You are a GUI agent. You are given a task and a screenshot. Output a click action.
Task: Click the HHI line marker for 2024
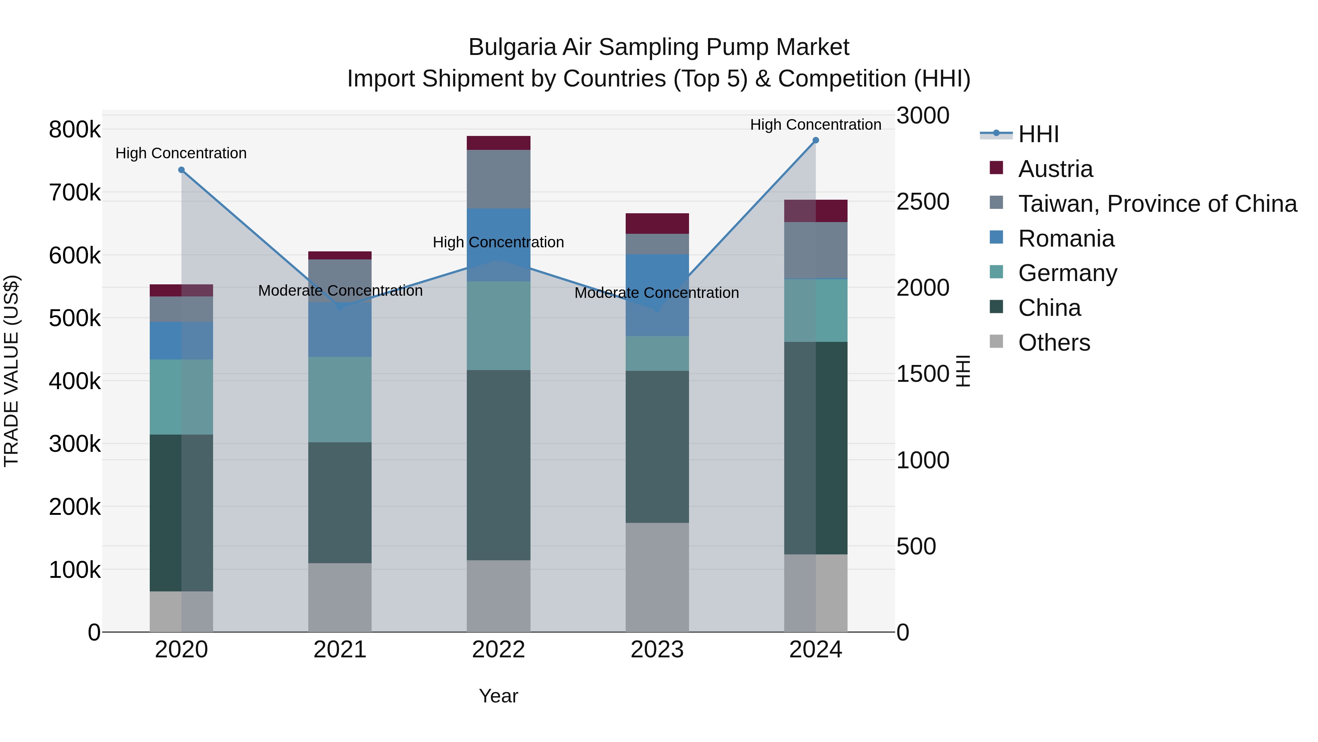click(x=816, y=140)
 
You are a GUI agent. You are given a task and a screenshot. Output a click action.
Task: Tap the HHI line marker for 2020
click(x=181, y=170)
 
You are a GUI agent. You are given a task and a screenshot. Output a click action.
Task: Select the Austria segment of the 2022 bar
click(x=498, y=143)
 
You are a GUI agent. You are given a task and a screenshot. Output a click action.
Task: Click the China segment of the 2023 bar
click(x=657, y=447)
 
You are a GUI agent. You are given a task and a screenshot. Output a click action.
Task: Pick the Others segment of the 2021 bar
click(x=340, y=597)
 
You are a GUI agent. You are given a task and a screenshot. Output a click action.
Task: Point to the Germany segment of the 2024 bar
click(x=816, y=310)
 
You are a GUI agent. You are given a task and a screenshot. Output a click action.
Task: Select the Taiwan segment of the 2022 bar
click(x=498, y=179)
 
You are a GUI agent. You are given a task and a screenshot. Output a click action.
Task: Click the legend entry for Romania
click(x=1066, y=239)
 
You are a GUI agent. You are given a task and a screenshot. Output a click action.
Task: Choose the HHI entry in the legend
click(x=1038, y=134)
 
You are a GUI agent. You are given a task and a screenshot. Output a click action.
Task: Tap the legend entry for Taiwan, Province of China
click(x=1157, y=204)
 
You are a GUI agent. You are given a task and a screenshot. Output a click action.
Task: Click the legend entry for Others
click(x=1054, y=343)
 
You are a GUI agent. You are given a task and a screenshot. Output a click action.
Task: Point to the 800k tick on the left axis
click(x=75, y=130)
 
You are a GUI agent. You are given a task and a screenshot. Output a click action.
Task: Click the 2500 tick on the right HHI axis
click(x=923, y=202)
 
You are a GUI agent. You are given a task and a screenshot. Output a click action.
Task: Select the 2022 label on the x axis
click(x=498, y=650)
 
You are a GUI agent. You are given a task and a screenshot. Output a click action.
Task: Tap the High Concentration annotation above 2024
click(x=816, y=125)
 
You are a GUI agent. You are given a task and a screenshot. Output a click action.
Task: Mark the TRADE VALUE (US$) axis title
click(x=11, y=371)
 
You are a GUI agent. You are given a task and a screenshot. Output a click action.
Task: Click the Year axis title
click(x=498, y=696)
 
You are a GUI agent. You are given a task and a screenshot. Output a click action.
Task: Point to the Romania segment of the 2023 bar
click(x=657, y=295)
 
